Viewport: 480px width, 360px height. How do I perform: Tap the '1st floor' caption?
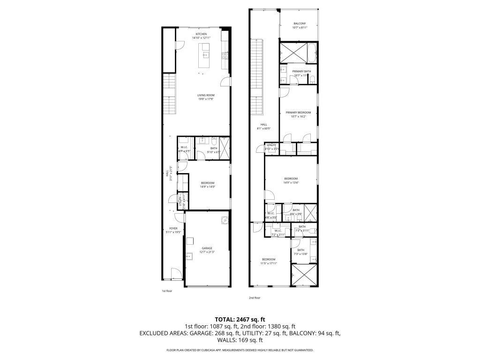point(167,291)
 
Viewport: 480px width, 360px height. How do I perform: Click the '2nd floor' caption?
point(255,298)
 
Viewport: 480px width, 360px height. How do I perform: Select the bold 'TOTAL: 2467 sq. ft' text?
point(240,319)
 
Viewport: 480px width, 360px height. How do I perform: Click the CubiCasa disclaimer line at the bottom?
point(240,350)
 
